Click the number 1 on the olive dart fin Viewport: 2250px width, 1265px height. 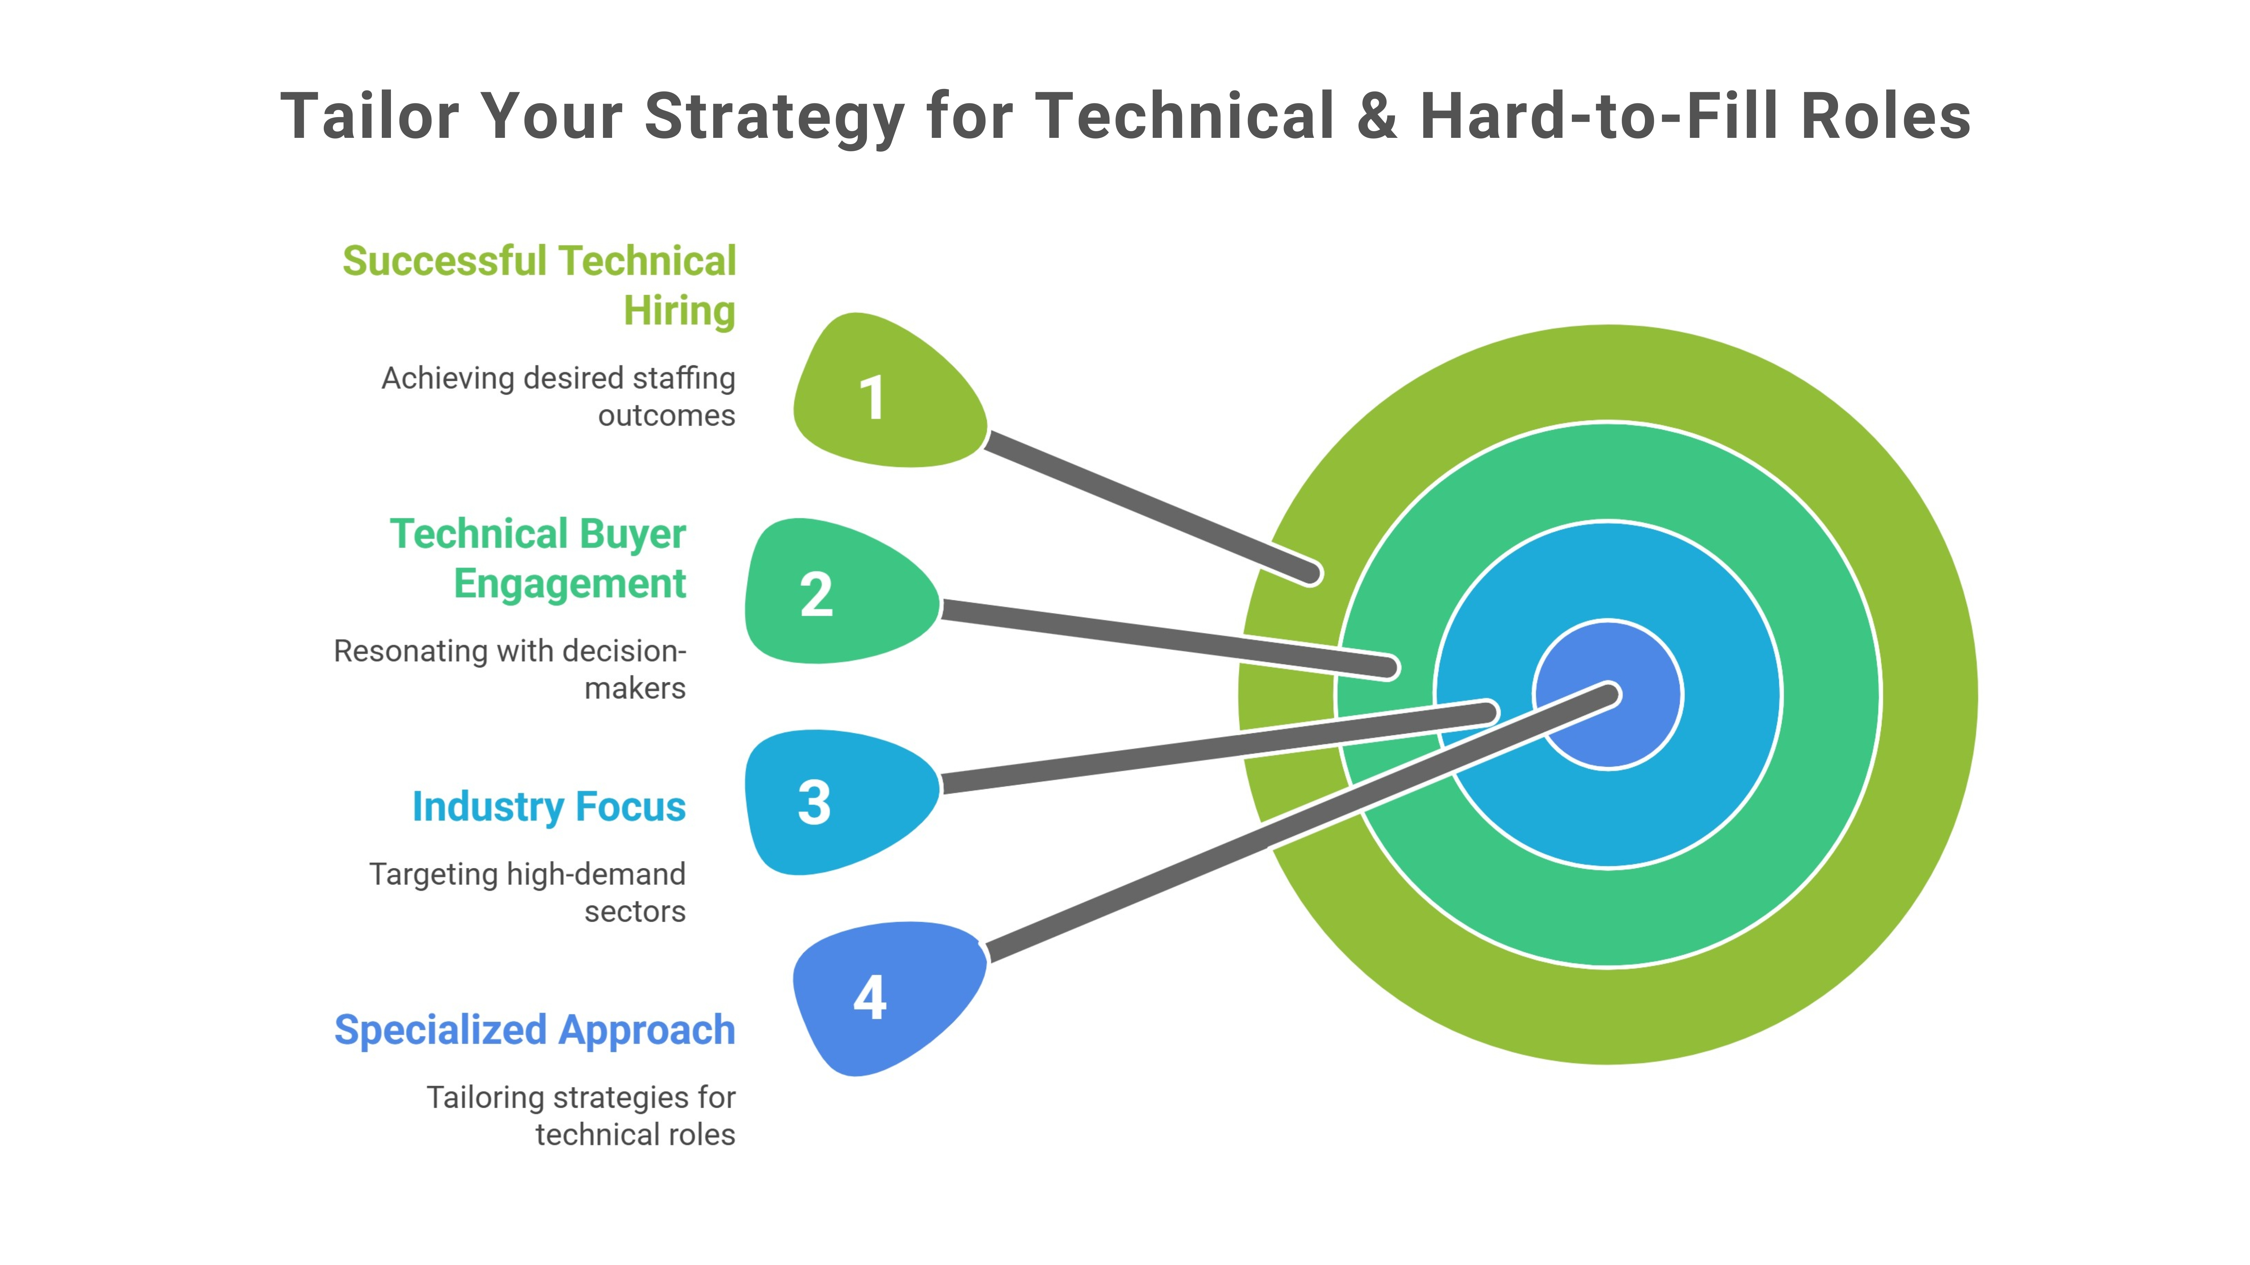872,398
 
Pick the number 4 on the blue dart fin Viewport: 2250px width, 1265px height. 870,998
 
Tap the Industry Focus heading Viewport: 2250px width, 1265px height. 548,806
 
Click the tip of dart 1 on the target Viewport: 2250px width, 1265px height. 1309,573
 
